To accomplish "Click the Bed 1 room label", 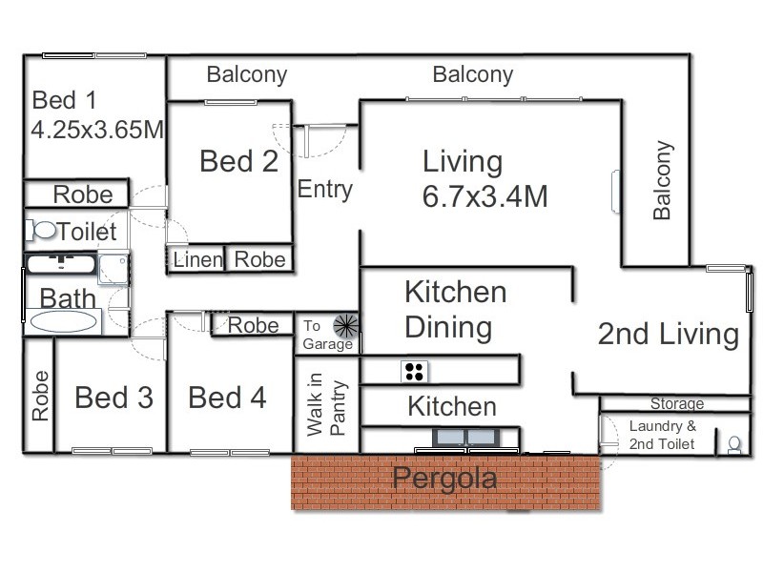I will pyautogui.click(x=65, y=100).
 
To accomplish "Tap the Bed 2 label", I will pyautogui.click(x=238, y=161).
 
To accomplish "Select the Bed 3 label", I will pyautogui.click(x=113, y=398).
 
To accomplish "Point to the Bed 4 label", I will pyautogui.click(x=227, y=398).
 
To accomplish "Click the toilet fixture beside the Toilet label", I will pyautogui.click(x=42, y=230).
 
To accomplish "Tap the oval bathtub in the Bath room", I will pyautogui.click(x=64, y=320).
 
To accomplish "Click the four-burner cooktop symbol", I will pyautogui.click(x=415, y=371).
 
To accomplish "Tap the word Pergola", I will pyautogui.click(x=444, y=478).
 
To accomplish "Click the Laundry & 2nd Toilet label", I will pyautogui.click(x=662, y=434).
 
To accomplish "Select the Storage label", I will pyautogui.click(x=677, y=403).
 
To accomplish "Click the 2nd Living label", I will pyautogui.click(x=668, y=334).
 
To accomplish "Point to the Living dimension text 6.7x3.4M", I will pyautogui.click(x=485, y=196).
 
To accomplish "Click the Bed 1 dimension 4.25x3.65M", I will pyautogui.click(x=97, y=130).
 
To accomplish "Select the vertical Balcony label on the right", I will pyautogui.click(x=663, y=181).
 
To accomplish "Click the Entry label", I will pyautogui.click(x=325, y=189).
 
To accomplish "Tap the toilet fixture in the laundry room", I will pyautogui.click(x=734, y=443).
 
